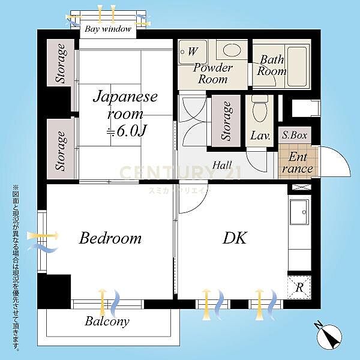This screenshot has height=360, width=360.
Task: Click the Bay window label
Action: pyautogui.click(x=108, y=29)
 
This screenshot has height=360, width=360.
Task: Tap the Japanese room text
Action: pyautogui.click(x=125, y=105)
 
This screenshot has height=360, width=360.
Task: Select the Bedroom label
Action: pyautogui.click(x=110, y=238)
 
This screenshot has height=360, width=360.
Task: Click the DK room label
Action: pyautogui.click(x=235, y=238)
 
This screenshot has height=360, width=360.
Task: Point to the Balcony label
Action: pyautogui.click(x=107, y=322)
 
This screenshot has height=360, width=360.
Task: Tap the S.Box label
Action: pyautogui.click(x=295, y=135)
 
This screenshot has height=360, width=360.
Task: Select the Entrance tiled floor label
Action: pyautogui.click(x=298, y=163)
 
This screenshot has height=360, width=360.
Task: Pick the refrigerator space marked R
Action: pyautogui.click(x=299, y=287)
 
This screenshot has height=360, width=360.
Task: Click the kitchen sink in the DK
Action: pyautogui.click(x=299, y=212)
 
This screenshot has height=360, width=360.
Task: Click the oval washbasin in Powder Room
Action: pyautogui.click(x=232, y=50)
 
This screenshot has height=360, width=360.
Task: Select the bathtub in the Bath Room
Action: pyautogui.click(x=298, y=67)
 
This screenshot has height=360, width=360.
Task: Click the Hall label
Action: pyautogui.click(x=222, y=165)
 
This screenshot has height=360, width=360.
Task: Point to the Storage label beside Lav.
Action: pyautogui.click(x=226, y=121)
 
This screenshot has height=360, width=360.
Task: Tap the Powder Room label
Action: pyautogui.click(x=212, y=73)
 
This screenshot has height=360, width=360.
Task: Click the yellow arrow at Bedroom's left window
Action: pyautogui.click(x=43, y=236)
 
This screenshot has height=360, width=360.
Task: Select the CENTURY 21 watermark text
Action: pyautogui.click(x=180, y=173)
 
